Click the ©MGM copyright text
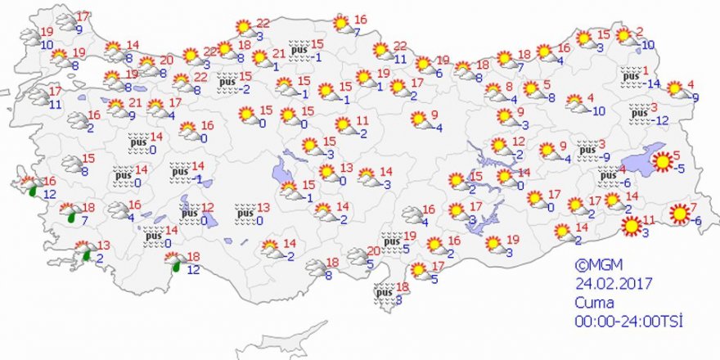pos(594,264)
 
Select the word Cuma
pos(592,300)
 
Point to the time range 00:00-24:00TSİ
pos(629,318)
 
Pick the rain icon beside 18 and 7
pos(70,214)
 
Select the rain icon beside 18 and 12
pos(174,262)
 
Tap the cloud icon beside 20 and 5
pos(357,257)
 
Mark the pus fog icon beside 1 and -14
pos(630,74)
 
